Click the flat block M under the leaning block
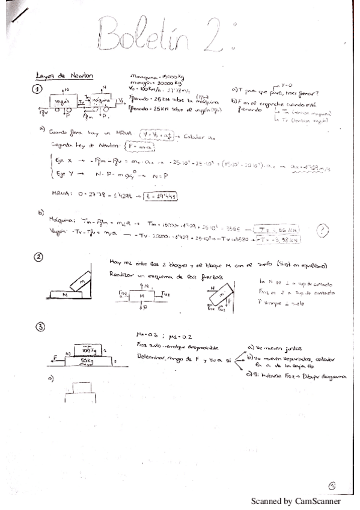point(64,295)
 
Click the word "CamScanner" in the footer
point(318,500)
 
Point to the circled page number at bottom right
point(334,486)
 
